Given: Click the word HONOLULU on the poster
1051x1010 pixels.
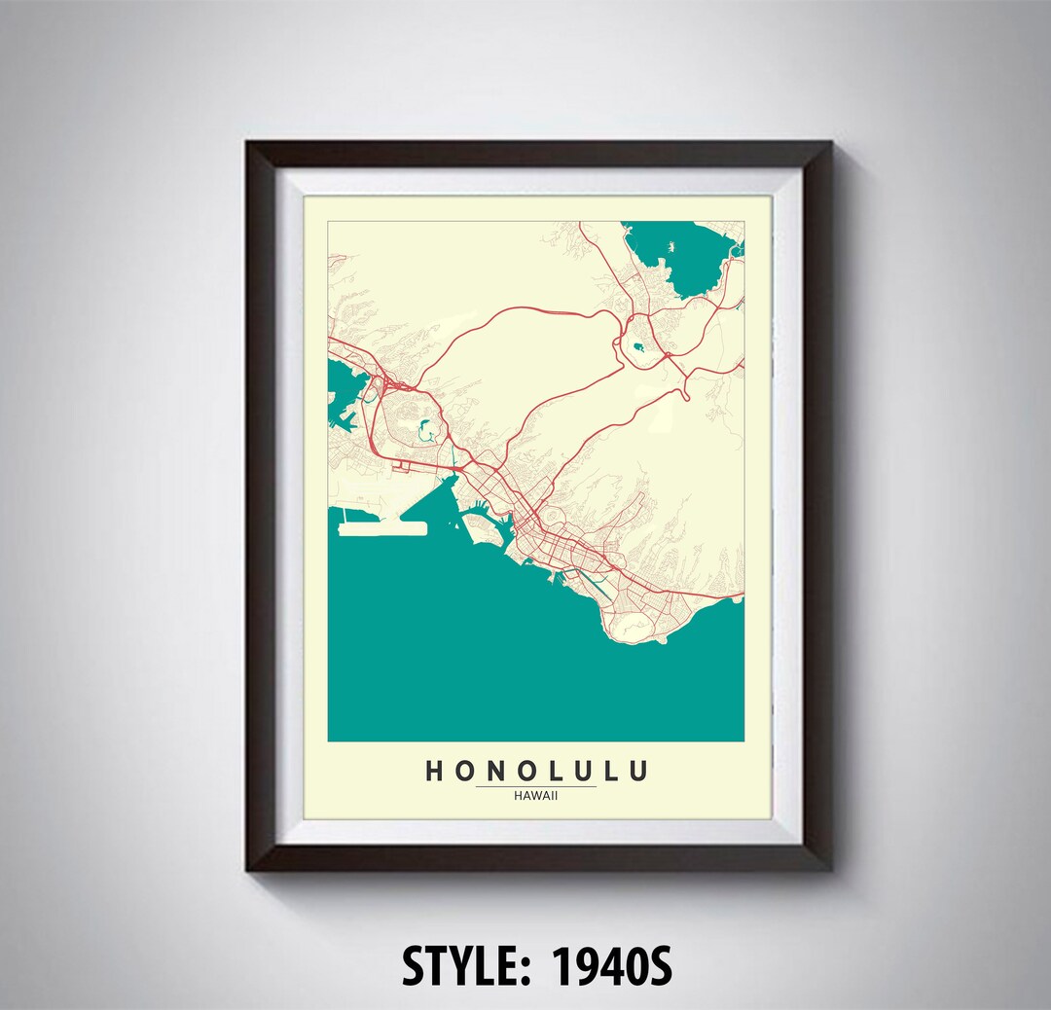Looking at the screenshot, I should click(536, 772).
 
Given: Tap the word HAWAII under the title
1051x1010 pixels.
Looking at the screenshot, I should click(536, 794).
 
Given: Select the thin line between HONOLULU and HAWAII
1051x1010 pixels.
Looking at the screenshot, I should click(536, 785).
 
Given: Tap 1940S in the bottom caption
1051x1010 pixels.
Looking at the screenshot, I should click(612, 967).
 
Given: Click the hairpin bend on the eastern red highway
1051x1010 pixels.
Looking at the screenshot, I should click(684, 389).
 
